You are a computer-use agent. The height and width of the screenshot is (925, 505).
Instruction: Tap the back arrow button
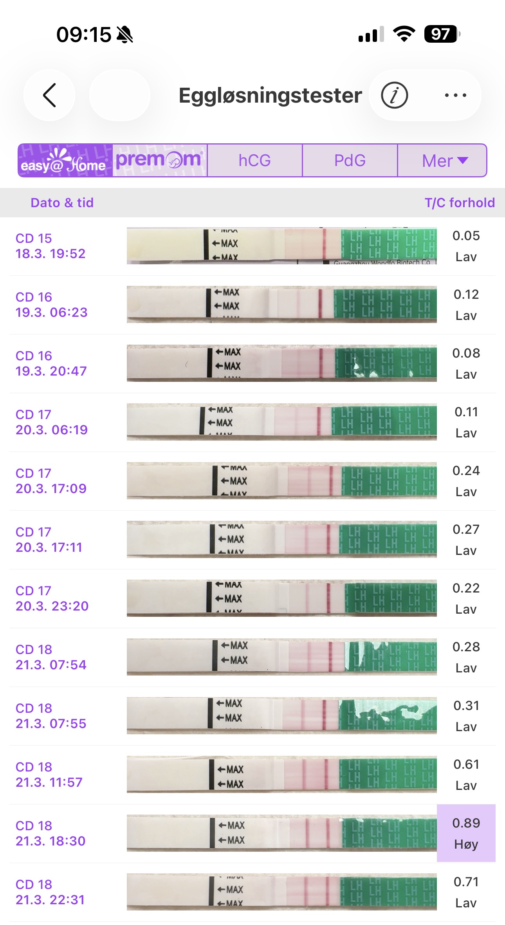(49, 95)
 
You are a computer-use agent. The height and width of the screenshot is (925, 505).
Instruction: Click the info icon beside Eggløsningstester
(394, 95)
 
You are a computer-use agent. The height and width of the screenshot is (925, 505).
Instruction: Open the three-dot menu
(455, 95)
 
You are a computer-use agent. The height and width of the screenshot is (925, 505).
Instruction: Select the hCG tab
(254, 161)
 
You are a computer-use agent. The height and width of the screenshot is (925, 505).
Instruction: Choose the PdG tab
(350, 161)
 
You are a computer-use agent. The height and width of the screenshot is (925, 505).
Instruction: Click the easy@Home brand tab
(65, 161)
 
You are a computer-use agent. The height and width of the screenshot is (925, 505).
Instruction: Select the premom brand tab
(159, 161)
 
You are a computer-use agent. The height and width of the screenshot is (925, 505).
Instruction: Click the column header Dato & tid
(62, 202)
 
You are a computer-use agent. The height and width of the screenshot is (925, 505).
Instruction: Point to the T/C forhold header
(460, 202)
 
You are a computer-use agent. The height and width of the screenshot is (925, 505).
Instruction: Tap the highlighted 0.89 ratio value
(466, 823)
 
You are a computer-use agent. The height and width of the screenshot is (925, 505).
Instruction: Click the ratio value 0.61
(466, 764)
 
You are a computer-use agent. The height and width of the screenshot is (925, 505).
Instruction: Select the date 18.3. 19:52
(50, 253)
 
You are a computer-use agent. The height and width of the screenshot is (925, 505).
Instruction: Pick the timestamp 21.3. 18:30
(50, 841)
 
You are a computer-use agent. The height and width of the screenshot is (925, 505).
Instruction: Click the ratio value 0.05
(466, 236)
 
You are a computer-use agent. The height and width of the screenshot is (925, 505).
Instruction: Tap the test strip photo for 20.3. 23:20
(281, 598)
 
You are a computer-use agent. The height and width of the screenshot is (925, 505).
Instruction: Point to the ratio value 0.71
(466, 882)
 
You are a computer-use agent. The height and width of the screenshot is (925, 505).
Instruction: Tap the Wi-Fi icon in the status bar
(404, 34)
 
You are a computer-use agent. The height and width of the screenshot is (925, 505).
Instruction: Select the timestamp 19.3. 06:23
(51, 312)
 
